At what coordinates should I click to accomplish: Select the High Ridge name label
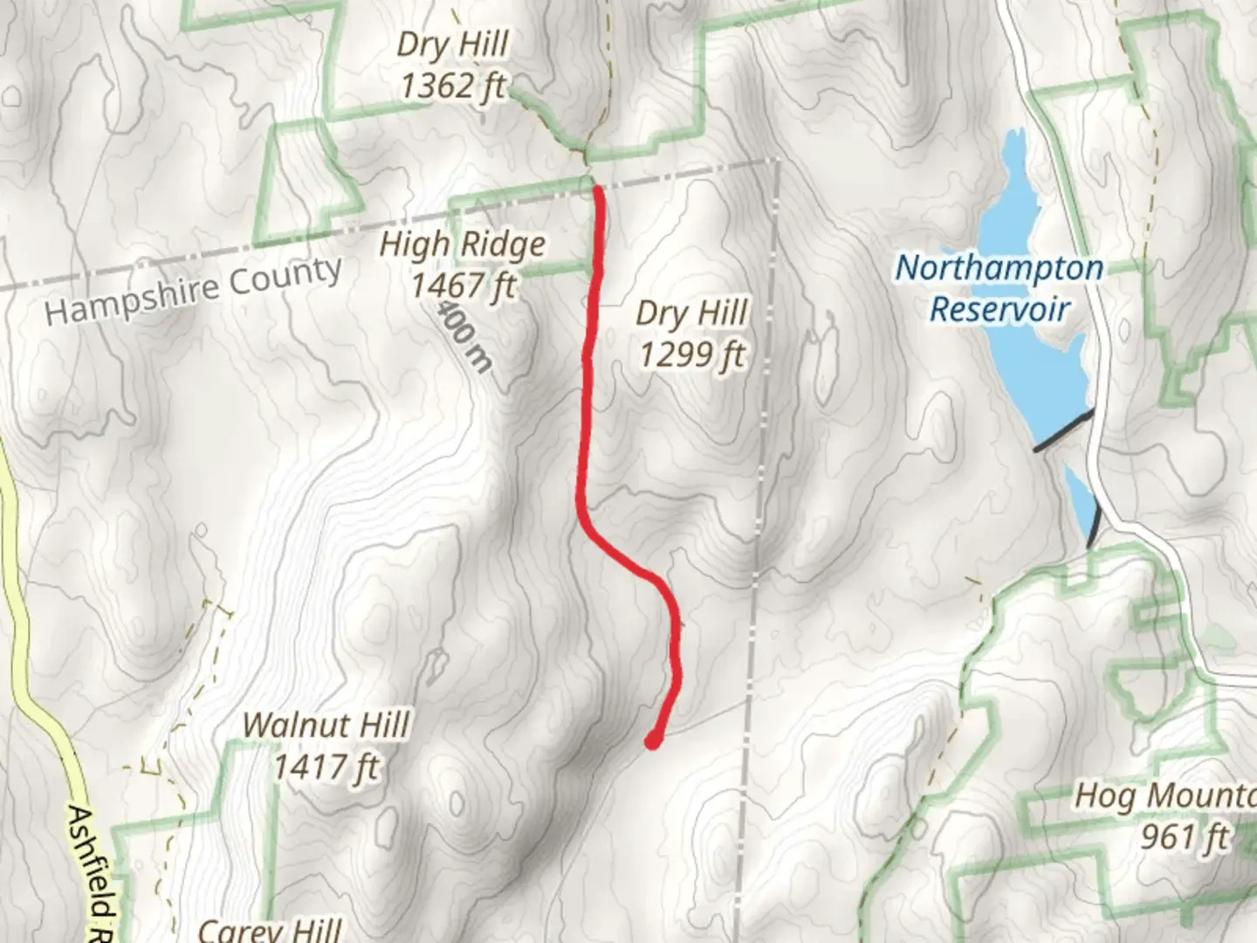463,244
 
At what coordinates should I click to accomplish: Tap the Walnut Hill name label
326,726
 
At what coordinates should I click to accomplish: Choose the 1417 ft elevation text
326,767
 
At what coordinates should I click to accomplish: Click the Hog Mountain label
1165,795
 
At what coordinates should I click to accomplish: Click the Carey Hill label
270,929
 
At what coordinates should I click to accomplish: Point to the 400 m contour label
464,336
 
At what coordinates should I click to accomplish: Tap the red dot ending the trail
652,742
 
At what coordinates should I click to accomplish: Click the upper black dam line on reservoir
1063,431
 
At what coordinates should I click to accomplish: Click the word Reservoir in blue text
999,309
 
